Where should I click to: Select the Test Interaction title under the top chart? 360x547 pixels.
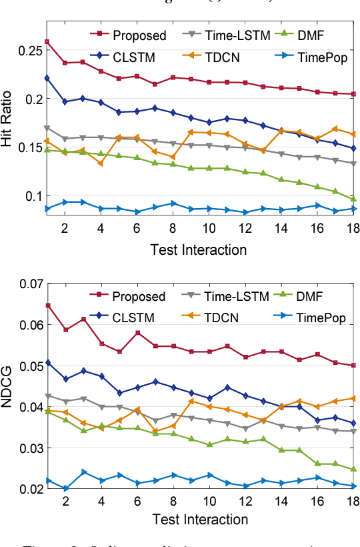pyautogui.click(x=199, y=249)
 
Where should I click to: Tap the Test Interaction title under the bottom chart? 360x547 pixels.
pyautogui.click(x=199, y=519)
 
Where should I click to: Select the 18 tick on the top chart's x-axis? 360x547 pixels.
pyautogui.click(x=353, y=228)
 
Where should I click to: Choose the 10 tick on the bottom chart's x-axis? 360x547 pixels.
pyautogui.click(x=209, y=501)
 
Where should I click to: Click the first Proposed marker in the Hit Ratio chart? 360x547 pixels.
pyautogui.click(x=47, y=42)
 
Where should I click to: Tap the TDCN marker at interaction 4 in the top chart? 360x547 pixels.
pyautogui.click(x=101, y=163)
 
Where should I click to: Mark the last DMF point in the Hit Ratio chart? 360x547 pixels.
pyautogui.click(x=353, y=199)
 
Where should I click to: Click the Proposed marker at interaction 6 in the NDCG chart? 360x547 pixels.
pyautogui.click(x=137, y=333)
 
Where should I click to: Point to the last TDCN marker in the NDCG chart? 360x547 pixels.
pyautogui.click(x=353, y=398)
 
